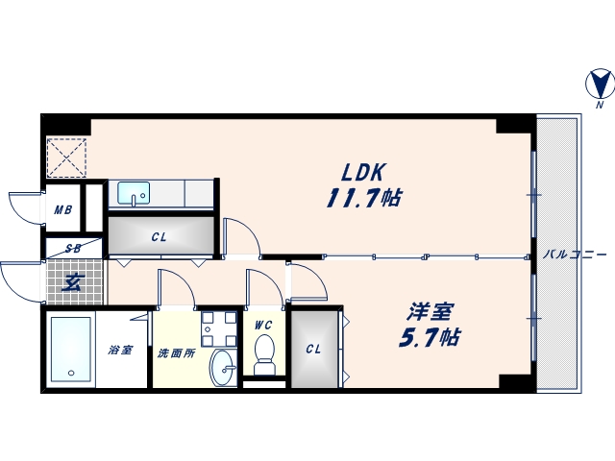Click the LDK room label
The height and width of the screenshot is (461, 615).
tap(364, 172)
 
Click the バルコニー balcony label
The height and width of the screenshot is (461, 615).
tap(575, 255)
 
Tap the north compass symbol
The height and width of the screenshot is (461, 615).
tap(597, 87)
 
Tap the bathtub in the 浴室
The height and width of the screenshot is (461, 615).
tap(68, 347)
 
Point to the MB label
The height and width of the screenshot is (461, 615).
tap(63, 211)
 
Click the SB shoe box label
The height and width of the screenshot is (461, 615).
tap(72, 249)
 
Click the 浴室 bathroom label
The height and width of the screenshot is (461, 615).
tap(119, 352)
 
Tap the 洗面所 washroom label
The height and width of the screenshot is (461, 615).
tap(176, 352)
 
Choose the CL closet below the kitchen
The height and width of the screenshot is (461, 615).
tap(159, 237)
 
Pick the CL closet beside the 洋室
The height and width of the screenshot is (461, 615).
tap(313, 349)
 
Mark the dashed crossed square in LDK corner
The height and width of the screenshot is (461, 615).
tap(66, 158)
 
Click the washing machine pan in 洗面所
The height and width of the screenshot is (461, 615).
tap(219, 328)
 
